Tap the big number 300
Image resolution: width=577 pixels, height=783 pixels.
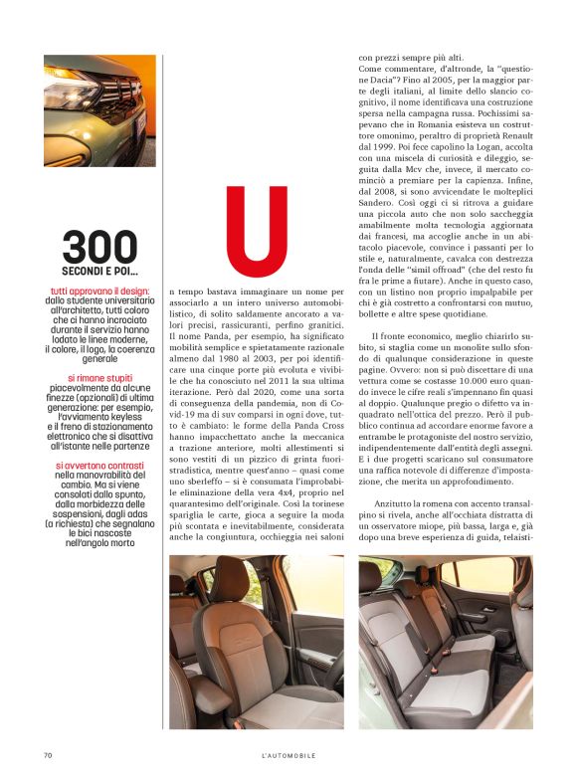pyautogui.click(x=99, y=248)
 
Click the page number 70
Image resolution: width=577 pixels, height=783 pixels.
pyautogui.click(x=48, y=756)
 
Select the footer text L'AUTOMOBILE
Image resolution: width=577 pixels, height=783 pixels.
pyautogui.click(x=288, y=756)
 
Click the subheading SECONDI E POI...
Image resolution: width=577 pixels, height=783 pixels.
pyautogui.click(x=99, y=271)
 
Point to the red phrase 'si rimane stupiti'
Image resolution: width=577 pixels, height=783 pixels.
pyautogui.click(x=99, y=378)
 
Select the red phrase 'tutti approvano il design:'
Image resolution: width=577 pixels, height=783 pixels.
pyautogui.click(x=99, y=292)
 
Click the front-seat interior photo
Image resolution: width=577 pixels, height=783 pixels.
pyautogui.click(x=256, y=642)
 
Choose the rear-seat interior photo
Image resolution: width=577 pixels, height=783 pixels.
pyautogui.click(x=445, y=642)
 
